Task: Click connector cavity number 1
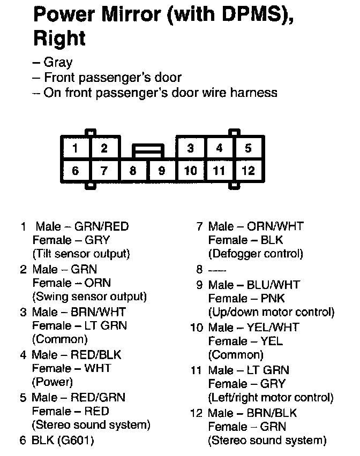click(76, 148)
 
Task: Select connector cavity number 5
click(248, 148)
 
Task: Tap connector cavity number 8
click(133, 171)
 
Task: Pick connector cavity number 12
click(248, 171)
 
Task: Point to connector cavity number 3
click(191, 148)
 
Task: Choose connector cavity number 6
click(76, 171)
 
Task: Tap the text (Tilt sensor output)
click(81, 253)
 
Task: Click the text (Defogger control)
click(256, 253)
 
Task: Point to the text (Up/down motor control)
click(271, 311)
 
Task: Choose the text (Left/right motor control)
click(271, 398)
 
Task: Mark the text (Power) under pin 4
click(52, 382)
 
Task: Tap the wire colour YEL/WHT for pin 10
click(276, 326)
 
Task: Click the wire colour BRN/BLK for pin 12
click(272, 413)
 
